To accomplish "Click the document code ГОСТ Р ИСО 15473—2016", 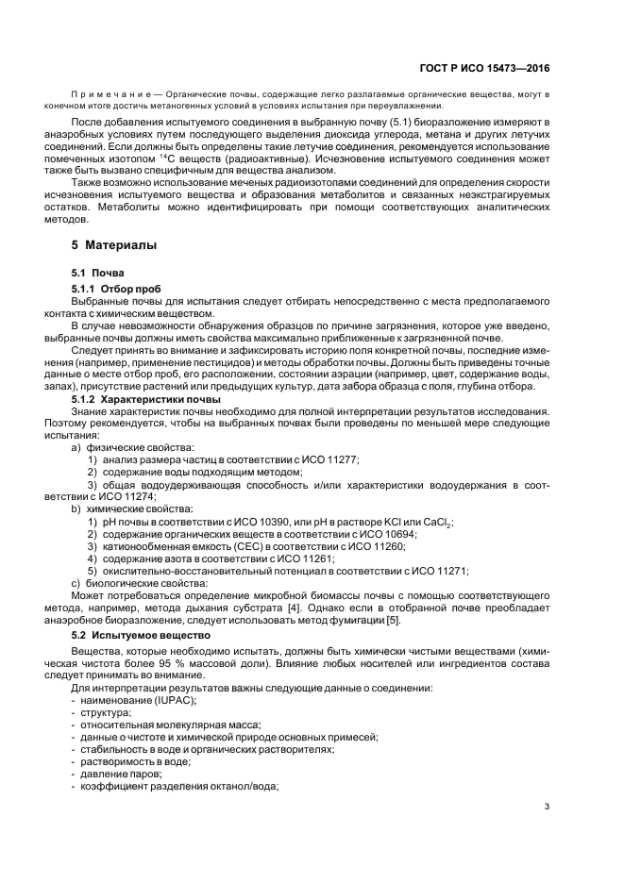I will coord(489,69).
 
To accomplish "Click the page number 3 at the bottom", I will coord(547,806).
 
